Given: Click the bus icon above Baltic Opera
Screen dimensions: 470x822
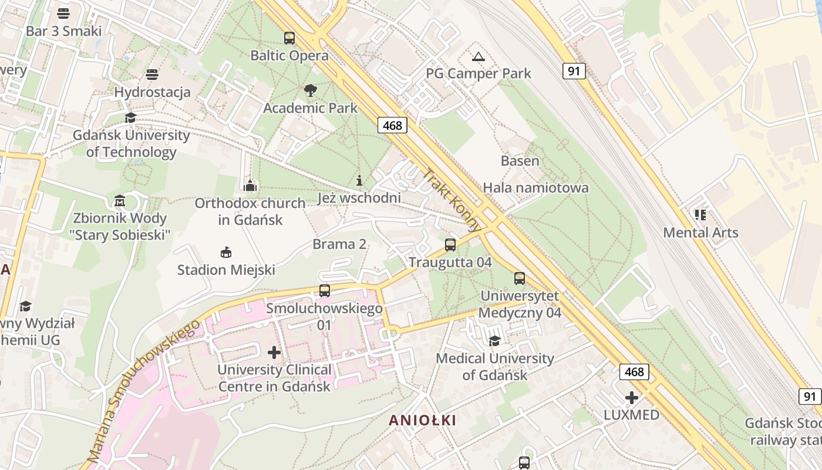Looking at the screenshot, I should (289, 38).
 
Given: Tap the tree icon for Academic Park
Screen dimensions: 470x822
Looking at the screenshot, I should (311, 90).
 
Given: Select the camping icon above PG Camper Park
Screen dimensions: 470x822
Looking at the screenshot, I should (479, 56).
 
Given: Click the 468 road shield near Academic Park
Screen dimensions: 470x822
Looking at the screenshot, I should (392, 125).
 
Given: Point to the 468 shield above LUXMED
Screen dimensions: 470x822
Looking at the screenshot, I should (634, 371).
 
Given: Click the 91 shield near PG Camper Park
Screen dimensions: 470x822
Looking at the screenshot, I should (574, 71).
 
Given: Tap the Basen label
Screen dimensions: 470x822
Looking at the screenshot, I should (520, 160).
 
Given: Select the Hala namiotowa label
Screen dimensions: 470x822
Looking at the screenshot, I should (535, 188).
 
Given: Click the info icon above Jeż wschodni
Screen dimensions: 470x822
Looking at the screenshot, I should (360, 180).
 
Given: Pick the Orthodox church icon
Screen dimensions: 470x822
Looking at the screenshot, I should (250, 186).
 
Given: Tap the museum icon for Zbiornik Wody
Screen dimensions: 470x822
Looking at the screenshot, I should (120, 201).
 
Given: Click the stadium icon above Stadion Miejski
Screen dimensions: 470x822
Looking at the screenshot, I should (225, 253).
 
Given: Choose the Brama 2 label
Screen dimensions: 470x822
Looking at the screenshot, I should (339, 244).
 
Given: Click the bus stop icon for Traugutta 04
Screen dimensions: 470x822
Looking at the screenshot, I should (450, 245).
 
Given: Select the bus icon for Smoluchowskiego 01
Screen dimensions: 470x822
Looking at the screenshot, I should (324, 290).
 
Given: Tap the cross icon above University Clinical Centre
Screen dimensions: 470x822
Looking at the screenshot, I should (274, 352).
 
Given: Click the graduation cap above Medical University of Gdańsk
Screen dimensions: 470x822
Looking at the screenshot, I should (495, 341).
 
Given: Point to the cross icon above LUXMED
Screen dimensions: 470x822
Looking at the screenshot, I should (632, 398).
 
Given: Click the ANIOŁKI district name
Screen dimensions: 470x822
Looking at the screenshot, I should (422, 421).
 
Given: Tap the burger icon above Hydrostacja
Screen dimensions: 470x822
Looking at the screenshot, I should (152, 75).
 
